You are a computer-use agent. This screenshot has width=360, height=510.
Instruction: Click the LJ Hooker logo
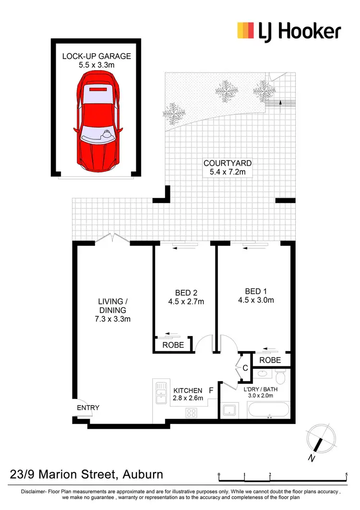pos(289,31)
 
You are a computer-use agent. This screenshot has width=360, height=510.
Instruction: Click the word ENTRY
pos(88,408)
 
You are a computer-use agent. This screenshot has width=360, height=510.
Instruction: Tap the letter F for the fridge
pos(211,390)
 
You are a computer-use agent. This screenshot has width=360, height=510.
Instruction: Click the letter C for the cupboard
pos(245,368)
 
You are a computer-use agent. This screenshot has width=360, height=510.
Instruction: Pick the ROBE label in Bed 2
pos(173,345)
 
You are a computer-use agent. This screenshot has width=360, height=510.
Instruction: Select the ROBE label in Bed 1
pos(269,360)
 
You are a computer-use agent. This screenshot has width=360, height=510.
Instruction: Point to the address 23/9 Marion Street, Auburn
pos(86,475)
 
